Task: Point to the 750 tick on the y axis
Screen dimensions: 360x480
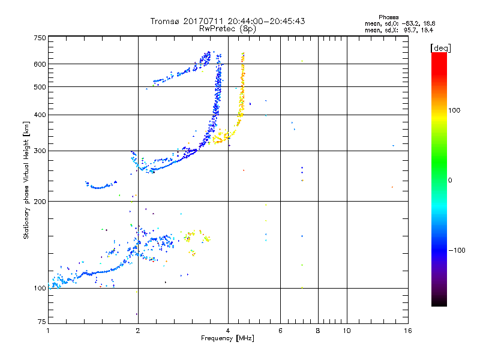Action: [x=40, y=38]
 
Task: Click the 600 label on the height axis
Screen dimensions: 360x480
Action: [x=40, y=64]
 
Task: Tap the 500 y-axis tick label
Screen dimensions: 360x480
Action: [x=40, y=87]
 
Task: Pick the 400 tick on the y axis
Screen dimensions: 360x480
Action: [x=40, y=115]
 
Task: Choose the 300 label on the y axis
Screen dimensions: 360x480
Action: [x=40, y=151]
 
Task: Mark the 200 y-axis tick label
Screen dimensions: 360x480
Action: [x=40, y=202]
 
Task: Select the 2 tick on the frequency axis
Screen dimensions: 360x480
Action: [x=138, y=331]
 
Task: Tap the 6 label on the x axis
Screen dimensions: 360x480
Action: [x=281, y=331]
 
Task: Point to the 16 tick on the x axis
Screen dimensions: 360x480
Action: [x=407, y=331]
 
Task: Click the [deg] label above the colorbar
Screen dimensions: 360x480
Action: [x=441, y=47]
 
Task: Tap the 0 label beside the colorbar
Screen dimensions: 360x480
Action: [x=449, y=180]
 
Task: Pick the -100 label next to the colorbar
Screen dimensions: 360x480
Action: [x=457, y=250]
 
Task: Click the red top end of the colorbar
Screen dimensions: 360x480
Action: [x=439, y=55]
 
